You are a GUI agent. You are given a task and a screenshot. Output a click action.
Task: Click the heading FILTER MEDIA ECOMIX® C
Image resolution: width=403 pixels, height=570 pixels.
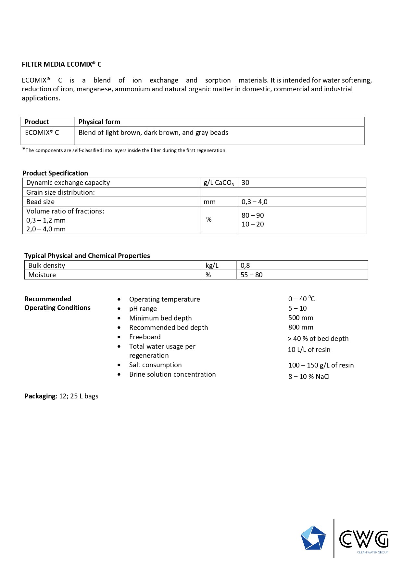pyautogui.click(x=61, y=64)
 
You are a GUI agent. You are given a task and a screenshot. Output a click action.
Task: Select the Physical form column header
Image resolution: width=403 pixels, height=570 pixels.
pyautogui.click(x=99, y=122)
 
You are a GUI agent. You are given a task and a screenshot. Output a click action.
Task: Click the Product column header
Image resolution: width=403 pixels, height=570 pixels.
pyautogui.click(x=37, y=122)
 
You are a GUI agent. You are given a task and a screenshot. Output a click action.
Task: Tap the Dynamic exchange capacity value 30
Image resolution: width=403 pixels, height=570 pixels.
pyautogui.click(x=246, y=183)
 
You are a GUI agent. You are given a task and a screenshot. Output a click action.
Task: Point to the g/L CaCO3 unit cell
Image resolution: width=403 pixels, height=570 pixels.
pyautogui.click(x=218, y=183)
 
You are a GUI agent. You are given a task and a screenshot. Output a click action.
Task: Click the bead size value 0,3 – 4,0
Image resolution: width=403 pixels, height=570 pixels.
pyautogui.click(x=254, y=202)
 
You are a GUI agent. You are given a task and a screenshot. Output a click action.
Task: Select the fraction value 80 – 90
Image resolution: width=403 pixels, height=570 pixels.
pyautogui.click(x=253, y=215)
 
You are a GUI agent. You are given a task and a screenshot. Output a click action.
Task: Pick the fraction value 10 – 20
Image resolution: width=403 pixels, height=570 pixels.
pyautogui.click(x=253, y=224)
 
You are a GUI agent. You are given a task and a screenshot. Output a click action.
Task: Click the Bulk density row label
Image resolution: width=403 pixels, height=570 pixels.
pyautogui.click(x=47, y=266)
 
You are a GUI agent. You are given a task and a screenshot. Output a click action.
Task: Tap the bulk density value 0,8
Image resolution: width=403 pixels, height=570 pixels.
pyautogui.click(x=245, y=266)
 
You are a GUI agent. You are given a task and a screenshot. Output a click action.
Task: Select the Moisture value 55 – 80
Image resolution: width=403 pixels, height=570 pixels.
pyautogui.click(x=251, y=275)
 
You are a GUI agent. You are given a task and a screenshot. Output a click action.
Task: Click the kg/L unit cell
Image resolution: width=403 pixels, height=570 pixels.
pyautogui.click(x=212, y=266)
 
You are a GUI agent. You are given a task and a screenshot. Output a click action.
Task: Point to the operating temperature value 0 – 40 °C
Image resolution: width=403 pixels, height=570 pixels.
pyautogui.click(x=301, y=299)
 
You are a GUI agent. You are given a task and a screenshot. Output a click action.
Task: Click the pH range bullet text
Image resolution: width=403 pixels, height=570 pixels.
pyautogui.click(x=143, y=309)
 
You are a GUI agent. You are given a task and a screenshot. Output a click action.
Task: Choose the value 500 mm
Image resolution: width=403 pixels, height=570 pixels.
pyautogui.click(x=301, y=318)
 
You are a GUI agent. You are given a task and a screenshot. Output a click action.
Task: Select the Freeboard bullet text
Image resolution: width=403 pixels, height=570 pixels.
pyautogui.click(x=145, y=337)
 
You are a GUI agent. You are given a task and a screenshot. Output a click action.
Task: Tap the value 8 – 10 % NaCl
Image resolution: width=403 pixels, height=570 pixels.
pyautogui.click(x=309, y=377)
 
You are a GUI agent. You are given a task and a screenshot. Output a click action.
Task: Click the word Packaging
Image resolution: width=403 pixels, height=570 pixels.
pyautogui.click(x=40, y=396)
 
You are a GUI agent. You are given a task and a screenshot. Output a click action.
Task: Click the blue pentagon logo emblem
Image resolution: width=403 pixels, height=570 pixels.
pyautogui.click(x=313, y=538)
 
